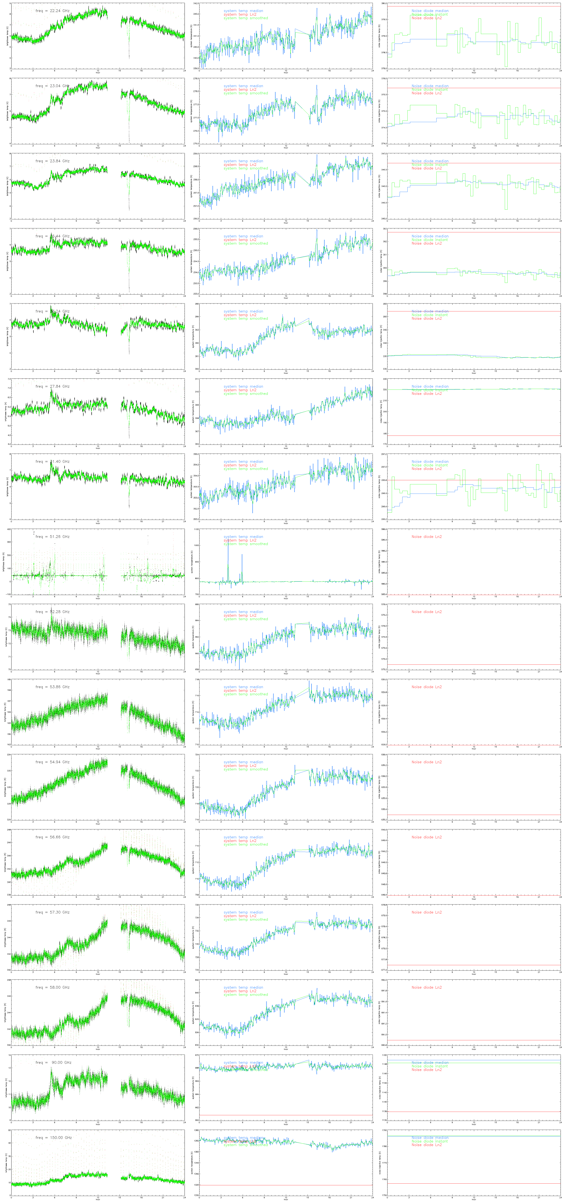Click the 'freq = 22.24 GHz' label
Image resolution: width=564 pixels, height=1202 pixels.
point(52,11)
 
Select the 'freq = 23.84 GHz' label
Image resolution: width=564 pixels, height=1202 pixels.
point(52,161)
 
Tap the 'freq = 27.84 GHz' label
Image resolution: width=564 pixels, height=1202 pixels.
point(52,386)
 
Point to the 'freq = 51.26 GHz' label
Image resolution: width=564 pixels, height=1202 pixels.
point(52,537)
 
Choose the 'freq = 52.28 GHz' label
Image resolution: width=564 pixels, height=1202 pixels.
point(52,612)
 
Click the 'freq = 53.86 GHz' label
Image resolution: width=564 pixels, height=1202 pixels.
point(52,687)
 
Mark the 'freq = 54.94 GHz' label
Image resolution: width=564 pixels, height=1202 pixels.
point(52,762)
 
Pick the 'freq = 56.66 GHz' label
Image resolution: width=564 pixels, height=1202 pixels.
point(52,837)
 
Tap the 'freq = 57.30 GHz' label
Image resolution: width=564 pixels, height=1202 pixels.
point(52,912)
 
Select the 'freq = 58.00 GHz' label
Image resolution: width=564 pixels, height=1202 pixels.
point(52,987)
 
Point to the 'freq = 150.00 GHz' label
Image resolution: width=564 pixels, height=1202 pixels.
point(53,1138)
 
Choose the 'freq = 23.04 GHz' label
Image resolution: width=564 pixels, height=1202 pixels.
point(52,86)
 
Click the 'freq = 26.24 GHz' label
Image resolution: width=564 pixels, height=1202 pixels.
point(52,311)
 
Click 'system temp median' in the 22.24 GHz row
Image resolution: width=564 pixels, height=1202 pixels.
point(243,11)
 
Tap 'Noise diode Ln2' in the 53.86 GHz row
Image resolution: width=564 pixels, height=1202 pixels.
point(426,687)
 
